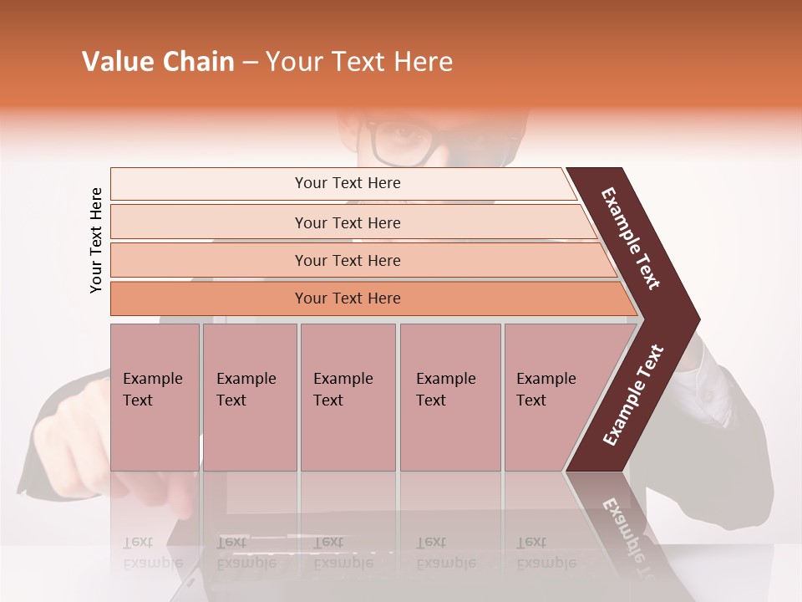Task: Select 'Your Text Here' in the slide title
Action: (359, 62)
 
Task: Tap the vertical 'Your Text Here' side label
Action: (96, 240)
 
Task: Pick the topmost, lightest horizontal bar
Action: (347, 183)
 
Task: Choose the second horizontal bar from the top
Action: (347, 222)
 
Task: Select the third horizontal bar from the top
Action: (347, 260)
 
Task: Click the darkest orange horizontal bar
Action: (347, 298)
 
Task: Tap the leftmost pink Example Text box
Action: (155, 397)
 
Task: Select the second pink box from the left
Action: (250, 397)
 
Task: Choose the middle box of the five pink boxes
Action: (348, 397)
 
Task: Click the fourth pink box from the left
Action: (450, 397)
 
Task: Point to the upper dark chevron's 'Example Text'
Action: (631, 238)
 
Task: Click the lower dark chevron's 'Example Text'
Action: (633, 395)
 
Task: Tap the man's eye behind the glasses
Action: (407, 135)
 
